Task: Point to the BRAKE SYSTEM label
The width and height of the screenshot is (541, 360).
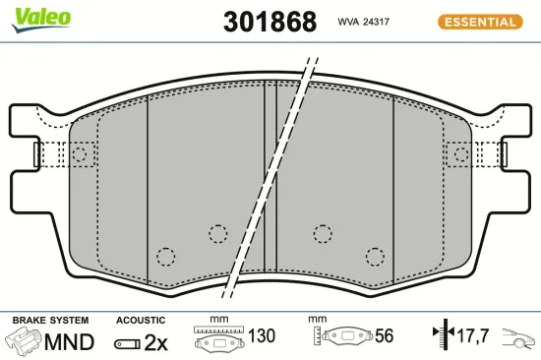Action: click(x=49, y=321)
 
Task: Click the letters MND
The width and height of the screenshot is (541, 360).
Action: click(x=70, y=342)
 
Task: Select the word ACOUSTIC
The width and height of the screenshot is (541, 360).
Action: click(x=141, y=321)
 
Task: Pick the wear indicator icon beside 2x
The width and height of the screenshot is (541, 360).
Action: click(x=126, y=343)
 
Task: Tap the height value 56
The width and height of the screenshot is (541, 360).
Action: click(x=384, y=336)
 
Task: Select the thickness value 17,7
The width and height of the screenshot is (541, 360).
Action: click(x=473, y=337)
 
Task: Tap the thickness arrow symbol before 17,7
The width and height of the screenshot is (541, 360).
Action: click(x=440, y=336)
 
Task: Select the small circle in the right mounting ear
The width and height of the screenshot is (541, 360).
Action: click(x=461, y=153)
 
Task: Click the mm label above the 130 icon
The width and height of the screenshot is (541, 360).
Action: click(x=218, y=320)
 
